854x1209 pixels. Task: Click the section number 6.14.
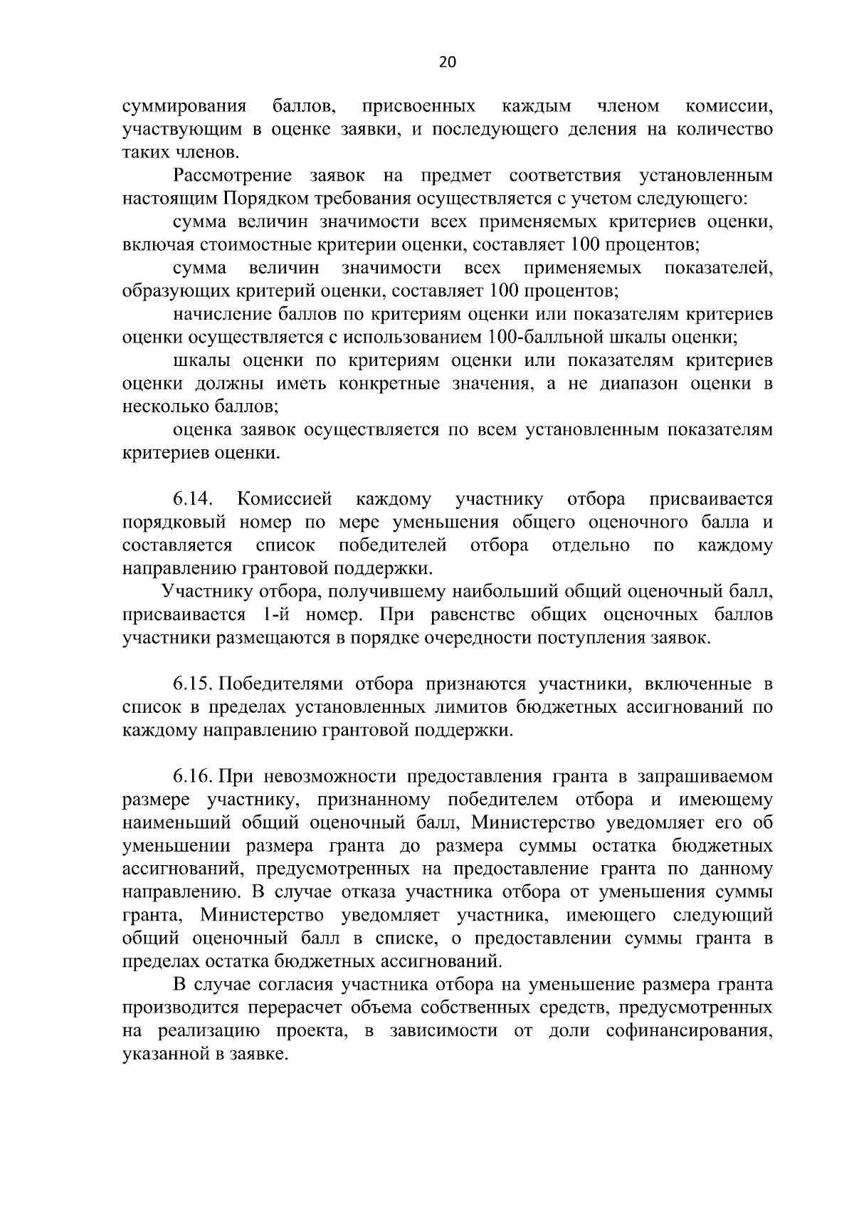coord(194,499)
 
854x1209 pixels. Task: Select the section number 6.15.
coord(193,684)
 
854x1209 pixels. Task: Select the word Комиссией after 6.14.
coord(285,499)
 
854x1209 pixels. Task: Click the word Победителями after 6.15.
coord(282,684)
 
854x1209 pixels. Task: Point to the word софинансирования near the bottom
coord(689,1031)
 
